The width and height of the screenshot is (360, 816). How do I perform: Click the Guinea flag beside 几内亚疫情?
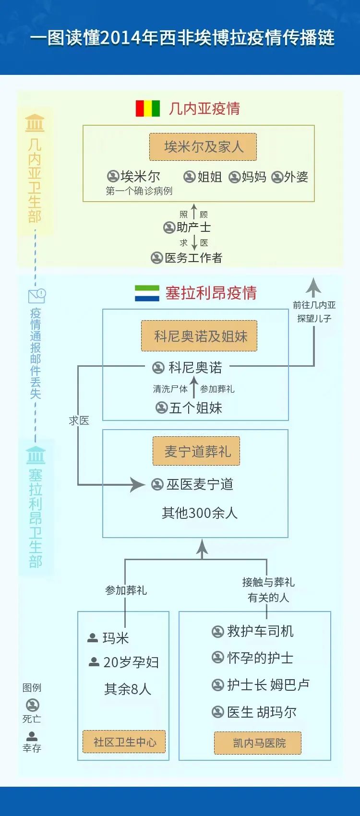[147, 108]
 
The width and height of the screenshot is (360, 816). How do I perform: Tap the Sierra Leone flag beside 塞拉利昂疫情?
[147, 293]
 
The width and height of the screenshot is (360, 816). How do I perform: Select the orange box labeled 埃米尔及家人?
[203, 147]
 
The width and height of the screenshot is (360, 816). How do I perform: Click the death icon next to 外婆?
[277, 177]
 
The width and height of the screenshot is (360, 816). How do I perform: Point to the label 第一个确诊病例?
[139, 191]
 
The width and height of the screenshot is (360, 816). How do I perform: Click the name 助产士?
[194, 228]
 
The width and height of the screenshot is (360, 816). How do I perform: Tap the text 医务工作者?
[193, 258]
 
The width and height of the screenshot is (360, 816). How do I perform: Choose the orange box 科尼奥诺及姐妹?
[199, 336]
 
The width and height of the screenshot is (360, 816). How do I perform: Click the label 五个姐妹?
[196, 408]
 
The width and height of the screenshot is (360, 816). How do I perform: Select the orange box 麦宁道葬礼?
[196, 451]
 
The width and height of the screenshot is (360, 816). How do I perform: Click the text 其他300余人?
[200, 513]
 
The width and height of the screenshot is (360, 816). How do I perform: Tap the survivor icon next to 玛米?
[93, 638]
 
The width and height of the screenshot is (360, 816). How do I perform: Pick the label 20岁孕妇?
[131, 662]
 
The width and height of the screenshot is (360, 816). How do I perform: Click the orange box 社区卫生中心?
[124, 742]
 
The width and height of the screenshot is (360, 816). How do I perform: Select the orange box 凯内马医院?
[258, 743]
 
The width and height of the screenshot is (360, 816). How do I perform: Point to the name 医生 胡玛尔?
[262, 712]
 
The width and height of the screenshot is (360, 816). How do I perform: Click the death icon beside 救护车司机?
[217, 631]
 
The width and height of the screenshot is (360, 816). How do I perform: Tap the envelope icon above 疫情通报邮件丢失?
[37, 296]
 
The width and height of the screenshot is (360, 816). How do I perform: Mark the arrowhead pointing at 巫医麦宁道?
[138, 484]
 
